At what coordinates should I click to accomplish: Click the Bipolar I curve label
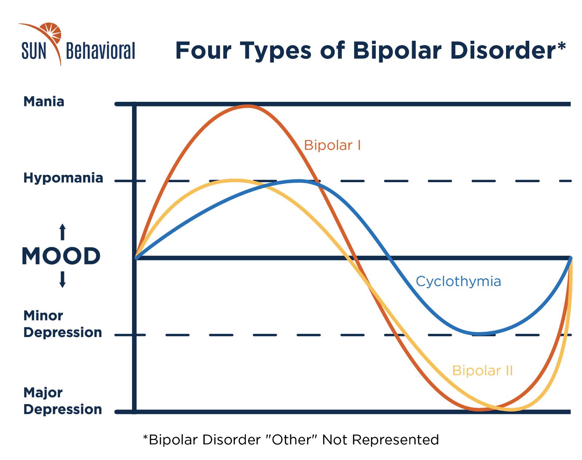coord(332,145)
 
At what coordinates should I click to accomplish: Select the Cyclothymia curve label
coord(458,282)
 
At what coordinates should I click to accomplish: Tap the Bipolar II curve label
coord(482,371)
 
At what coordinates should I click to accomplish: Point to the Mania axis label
coord(44,102)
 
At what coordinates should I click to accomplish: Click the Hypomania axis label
coord(63,178)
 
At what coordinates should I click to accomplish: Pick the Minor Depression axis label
coord(63,324)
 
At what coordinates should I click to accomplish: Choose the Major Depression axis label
coord(63,401)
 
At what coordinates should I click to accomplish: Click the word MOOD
coord(61,256)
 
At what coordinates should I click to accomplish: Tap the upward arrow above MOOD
coord(63,232)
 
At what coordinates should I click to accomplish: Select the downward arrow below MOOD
coord(63,280)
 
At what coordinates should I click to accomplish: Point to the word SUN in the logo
coord(34,51)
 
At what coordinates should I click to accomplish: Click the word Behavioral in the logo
coord(100,51)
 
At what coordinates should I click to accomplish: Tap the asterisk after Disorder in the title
coord(562,46)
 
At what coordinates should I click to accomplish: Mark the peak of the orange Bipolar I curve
coord(248,106)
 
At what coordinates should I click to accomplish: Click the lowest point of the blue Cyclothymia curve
coord(479,333)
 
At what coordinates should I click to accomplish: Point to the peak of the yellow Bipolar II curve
coord(235,180)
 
